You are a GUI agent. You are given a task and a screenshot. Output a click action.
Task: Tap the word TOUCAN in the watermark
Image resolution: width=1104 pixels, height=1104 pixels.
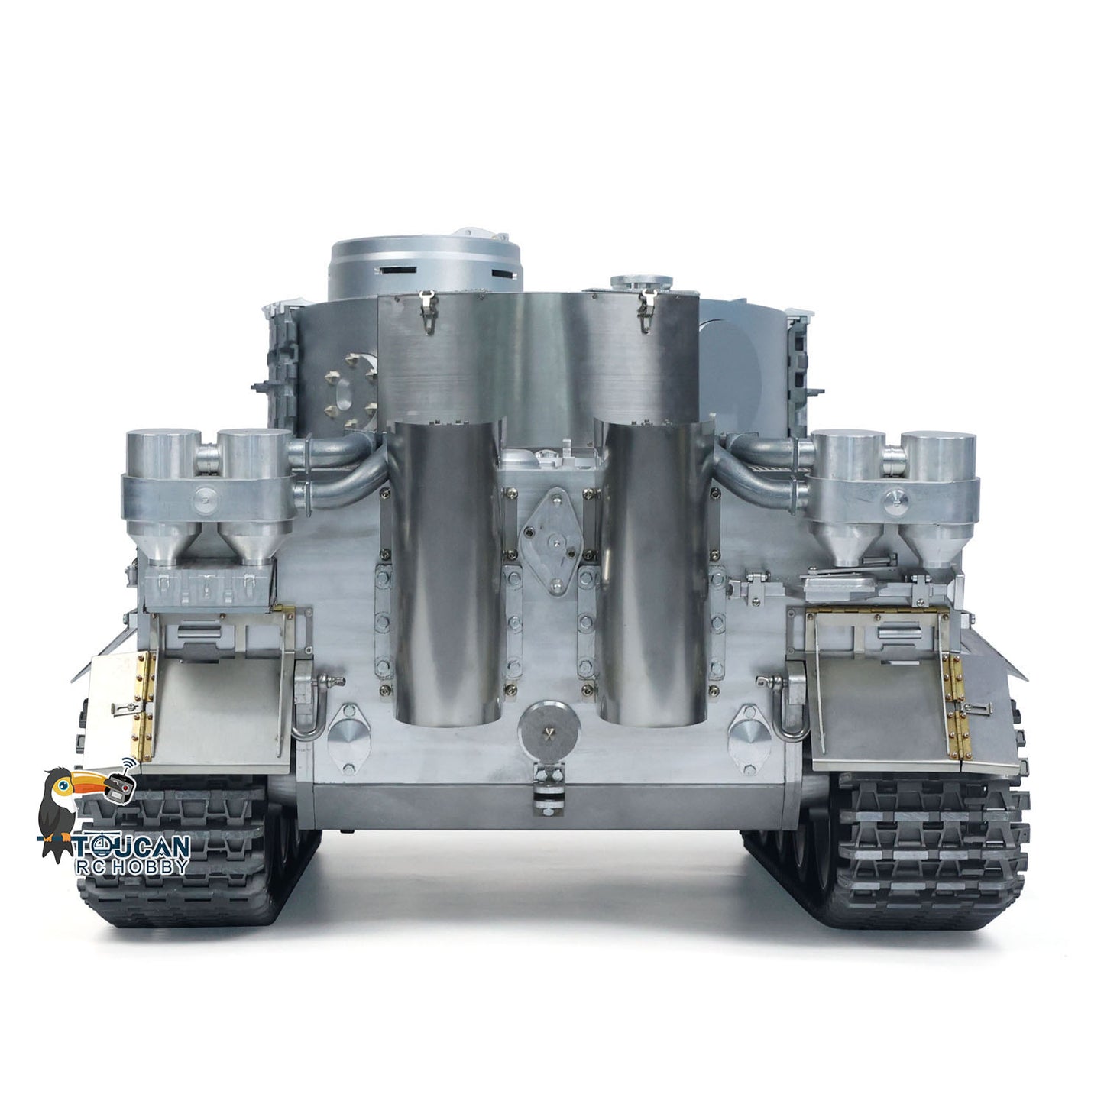[x=131, y=847]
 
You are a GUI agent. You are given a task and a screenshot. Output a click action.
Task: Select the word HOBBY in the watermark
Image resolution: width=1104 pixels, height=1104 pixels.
[x=149, y=866]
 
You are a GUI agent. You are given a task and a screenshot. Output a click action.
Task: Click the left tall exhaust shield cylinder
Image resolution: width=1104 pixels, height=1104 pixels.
[x=445, y=573]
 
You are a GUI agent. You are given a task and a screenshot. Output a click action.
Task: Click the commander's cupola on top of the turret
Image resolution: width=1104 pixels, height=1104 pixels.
[x=425, y=267]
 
